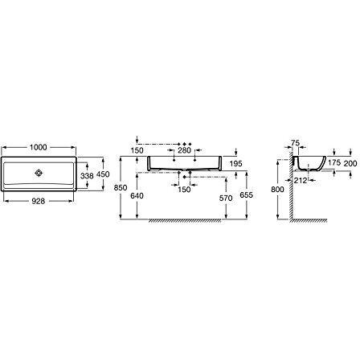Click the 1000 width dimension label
point(39,147)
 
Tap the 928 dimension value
point(39,201)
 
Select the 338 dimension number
point(87,176)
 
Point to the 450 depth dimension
point(103,174)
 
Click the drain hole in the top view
point(39,173)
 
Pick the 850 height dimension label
point(121,188)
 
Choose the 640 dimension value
point(137,196)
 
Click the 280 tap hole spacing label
point(185,150)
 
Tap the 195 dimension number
point(235,163)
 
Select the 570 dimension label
point(226,198)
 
